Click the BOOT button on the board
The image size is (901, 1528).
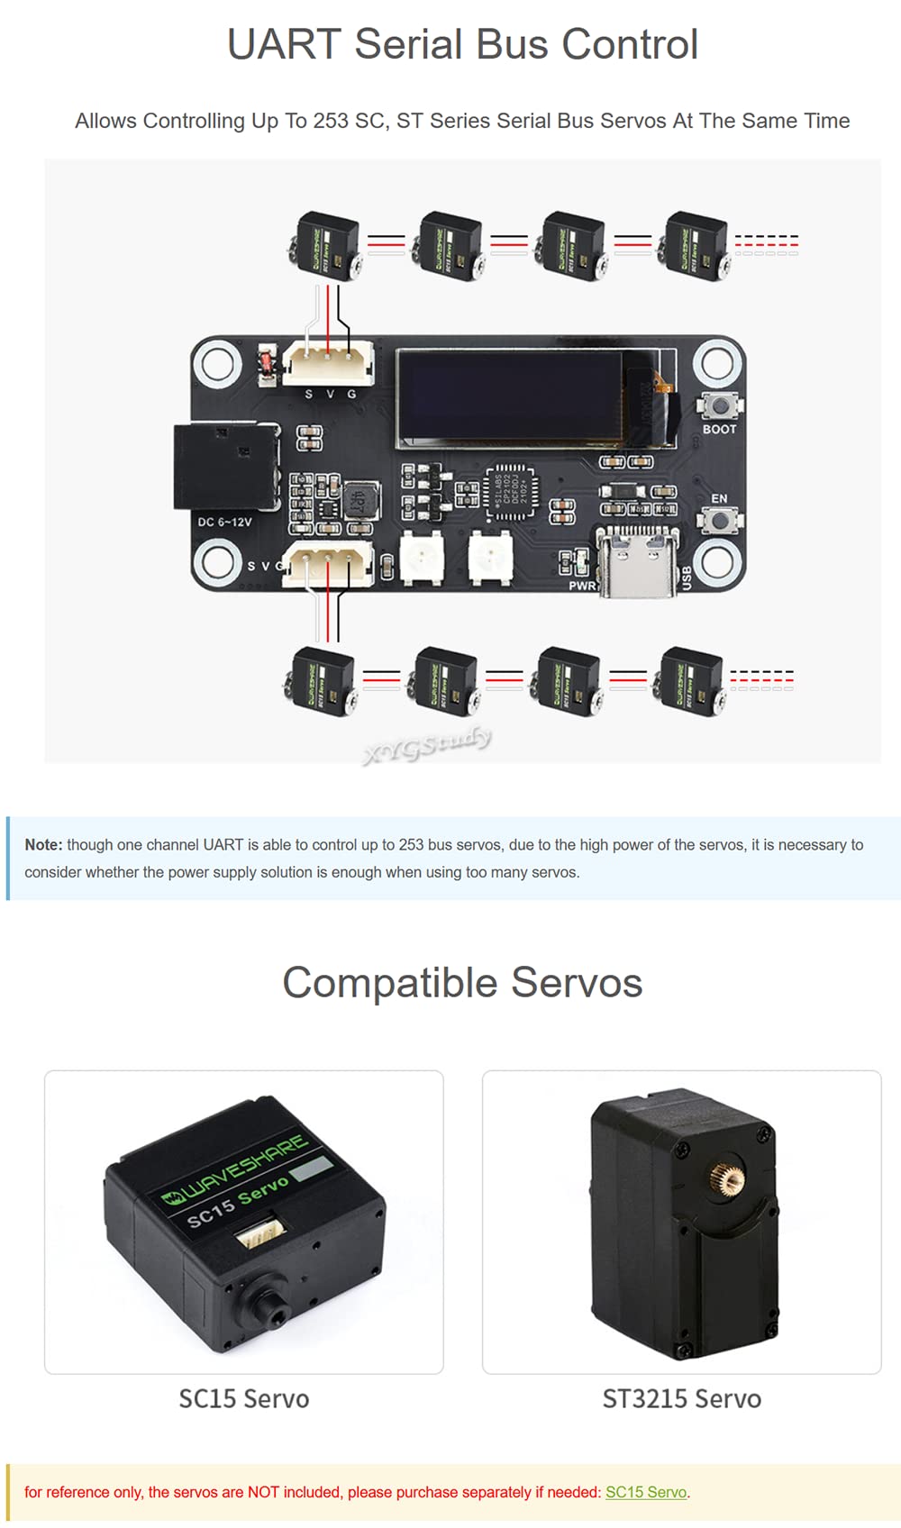[720, 406]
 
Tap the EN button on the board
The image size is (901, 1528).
[720, 520]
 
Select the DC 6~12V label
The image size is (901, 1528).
[224, 522]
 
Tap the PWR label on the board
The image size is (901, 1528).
[582, 586]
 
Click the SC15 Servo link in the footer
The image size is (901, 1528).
[645, 1492]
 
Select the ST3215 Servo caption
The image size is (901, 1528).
[681, 1398]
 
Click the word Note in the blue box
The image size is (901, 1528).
[42, 844]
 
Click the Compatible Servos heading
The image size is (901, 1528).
[462, 982]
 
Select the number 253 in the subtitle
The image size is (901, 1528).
[330, 121]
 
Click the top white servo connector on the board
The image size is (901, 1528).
[328, 363]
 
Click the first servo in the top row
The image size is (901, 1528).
[324, 245]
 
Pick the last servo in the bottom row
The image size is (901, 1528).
[691, 681]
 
